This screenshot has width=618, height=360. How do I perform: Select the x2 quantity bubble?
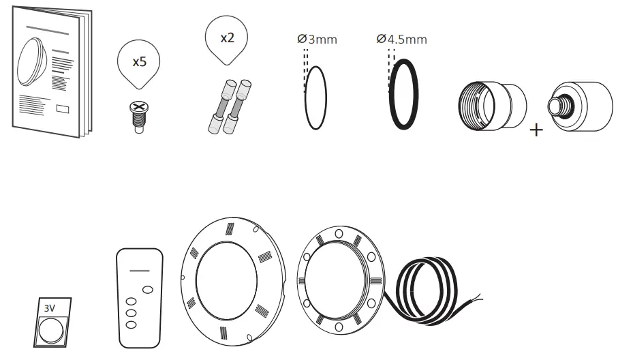(x=227, y=38)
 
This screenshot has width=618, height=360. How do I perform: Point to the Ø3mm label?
(x=318, y=40)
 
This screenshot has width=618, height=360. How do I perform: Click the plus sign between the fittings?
(x=537, y=130)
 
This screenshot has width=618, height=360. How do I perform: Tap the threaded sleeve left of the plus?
(x=491, y=106)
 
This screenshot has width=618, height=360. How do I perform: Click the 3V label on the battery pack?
(x=50, y=307)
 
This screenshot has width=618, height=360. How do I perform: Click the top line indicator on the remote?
(x=139, y=271)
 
